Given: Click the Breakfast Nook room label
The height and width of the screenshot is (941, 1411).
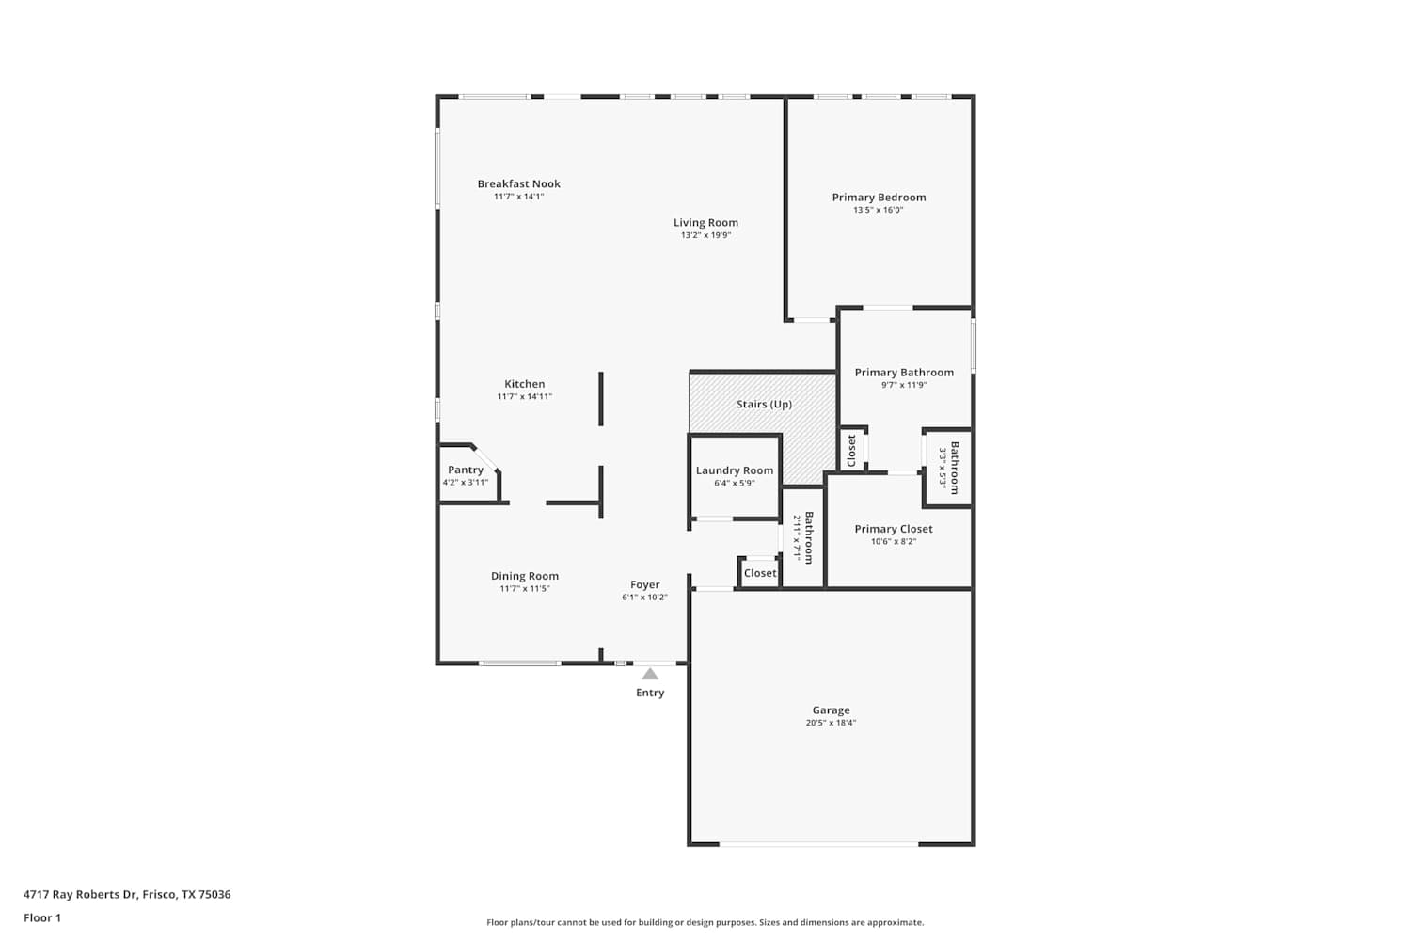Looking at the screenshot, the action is (518, 184).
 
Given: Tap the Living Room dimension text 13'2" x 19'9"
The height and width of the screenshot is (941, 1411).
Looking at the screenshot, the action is (705, 235).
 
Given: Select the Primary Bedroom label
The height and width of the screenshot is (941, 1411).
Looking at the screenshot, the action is (879, 198).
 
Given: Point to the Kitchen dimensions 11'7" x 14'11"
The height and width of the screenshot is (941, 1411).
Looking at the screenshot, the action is (524, 396).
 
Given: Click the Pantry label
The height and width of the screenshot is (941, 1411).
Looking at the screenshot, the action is (466, 470).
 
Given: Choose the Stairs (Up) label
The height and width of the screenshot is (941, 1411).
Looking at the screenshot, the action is (764, 404).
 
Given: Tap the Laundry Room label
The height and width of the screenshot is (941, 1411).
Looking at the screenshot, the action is (735, 470).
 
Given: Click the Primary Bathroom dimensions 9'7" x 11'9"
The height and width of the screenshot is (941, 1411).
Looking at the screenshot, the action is (904, 385).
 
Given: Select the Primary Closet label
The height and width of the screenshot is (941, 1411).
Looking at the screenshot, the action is (894, 529).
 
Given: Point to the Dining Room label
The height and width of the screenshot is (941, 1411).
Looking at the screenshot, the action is (525, 576).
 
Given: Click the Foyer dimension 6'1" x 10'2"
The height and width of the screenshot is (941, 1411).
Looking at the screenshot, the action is (644, 598).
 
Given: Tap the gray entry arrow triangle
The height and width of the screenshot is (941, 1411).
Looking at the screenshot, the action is (650, 675).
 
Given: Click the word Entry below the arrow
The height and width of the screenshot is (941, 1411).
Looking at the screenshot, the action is (650, 693).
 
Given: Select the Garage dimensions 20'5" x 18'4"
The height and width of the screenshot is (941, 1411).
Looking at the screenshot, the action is (831, 723).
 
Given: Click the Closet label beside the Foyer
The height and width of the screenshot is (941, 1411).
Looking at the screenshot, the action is (760, 573).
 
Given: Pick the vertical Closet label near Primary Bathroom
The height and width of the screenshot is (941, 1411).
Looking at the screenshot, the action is (851, 451).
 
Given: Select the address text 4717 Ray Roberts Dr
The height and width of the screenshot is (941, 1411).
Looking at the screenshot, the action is (80, 894).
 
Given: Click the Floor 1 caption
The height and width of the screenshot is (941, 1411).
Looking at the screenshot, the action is (42, 918).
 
